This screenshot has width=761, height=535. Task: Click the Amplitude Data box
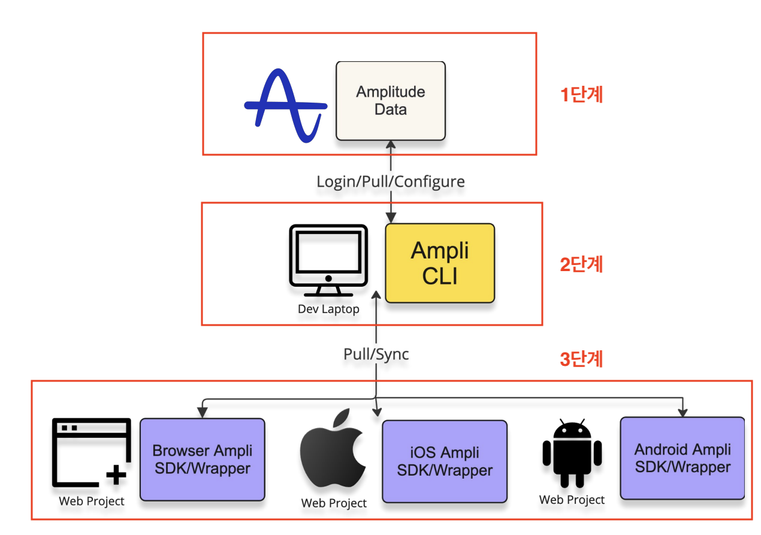pyautogui.click(x=390, y=101)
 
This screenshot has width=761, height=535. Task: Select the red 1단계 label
pyautogui.click(x=581, y=95)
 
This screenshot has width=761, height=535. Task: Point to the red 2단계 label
pyautogui.click(x=581, y=265)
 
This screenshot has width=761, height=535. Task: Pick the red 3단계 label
pyautogui.click(x=581, y=359)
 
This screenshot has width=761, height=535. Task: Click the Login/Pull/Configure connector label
pyautogui.click(x=391, y=181)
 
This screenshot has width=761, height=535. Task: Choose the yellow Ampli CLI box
pyautogui.click(x=440, y=263)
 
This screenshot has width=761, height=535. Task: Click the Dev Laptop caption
pyautogui.click(x=328, y=309)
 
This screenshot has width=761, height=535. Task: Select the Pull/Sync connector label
pyautogui.click(x=376, y=354)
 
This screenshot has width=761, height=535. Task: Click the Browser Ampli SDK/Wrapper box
pyautogui.click(x=203, y=459)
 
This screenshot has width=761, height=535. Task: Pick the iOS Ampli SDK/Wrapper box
pyautogui.click(x=445, y=461)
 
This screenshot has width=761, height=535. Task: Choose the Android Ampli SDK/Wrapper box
pyautogui.click(x=683, y=458)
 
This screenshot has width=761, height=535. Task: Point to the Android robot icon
pyautogui.click(x=572, y=453)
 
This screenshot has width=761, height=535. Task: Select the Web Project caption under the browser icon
pyautogui.click(x=92, y=501)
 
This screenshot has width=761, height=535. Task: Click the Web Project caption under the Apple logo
pyautogui.click(x=334, y=503)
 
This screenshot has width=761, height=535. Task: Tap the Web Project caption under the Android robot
pyautogui.click(x=572, y=500)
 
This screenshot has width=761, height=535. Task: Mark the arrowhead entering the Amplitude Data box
pyautogui.click(x=391, y=144)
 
